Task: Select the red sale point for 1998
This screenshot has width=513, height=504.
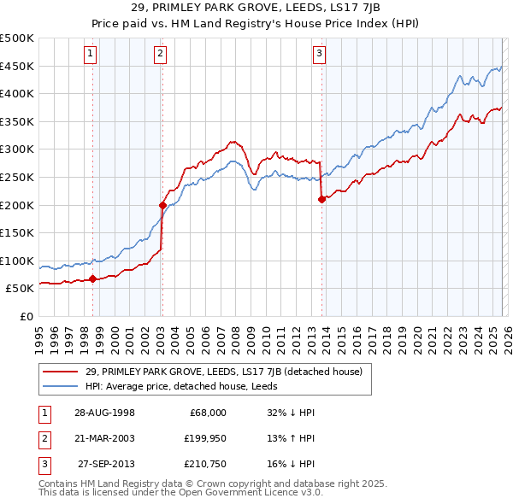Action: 92,278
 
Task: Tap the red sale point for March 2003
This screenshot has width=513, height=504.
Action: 162,205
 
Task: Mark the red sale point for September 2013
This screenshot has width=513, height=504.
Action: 321,199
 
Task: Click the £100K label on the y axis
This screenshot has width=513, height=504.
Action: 17,261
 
